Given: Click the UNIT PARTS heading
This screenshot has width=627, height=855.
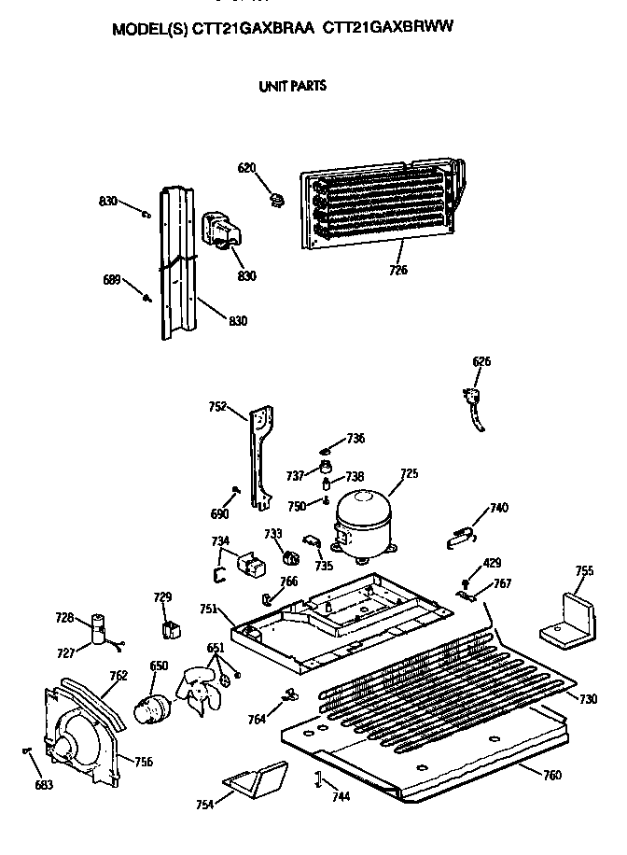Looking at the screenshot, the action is coord(293,86).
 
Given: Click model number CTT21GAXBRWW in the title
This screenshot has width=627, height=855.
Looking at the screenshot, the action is coord(387,27).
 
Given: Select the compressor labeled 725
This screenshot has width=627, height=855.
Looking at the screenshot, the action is coord(363,524).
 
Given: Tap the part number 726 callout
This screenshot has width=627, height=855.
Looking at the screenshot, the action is coord(398,270).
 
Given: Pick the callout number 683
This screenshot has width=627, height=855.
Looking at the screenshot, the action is coord(44,785).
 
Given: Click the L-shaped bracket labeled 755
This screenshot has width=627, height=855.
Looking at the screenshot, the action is coord(568,619).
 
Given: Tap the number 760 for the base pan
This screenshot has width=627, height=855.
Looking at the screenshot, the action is coord(552,775).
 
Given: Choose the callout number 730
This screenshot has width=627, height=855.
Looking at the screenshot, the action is coord(589,699).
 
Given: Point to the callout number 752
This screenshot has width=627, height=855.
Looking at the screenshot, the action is coord(217,406).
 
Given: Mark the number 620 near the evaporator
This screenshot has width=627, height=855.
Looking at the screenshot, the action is coord(246,168).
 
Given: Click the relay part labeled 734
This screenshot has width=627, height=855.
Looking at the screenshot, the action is coord(250,565).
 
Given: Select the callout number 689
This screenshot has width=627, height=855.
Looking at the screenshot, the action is coord(112,280).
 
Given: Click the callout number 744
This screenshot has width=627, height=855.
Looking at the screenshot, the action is coord(341,796).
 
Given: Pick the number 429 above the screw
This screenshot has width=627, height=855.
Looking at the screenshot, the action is coord(492,563).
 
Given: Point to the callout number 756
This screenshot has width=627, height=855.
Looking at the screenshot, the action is coord(144,762).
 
